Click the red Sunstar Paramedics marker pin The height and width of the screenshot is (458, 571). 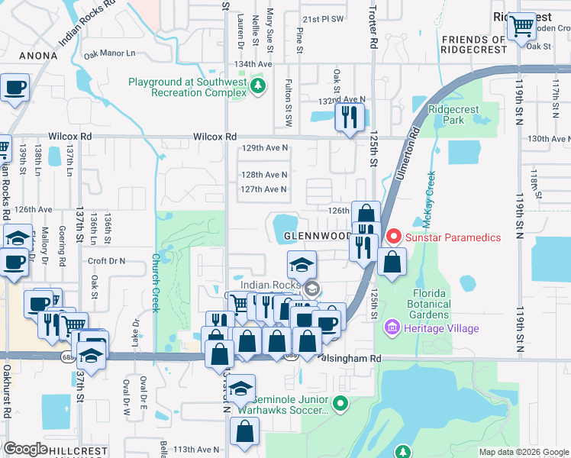click(394, 237)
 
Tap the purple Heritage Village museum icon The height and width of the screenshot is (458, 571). click(393, 328)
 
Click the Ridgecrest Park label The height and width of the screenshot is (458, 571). click(453, 114)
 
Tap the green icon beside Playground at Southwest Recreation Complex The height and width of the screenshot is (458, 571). click(259, 84)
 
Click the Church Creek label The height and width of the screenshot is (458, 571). click(155, 282)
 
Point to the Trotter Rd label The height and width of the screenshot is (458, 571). click(373, 35)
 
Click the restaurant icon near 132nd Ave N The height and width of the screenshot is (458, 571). click(349, 117)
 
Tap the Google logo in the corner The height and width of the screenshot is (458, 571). click(25, 448)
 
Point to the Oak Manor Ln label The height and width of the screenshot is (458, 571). click(109, 53)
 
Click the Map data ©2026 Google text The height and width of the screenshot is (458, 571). click(523, 452)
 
